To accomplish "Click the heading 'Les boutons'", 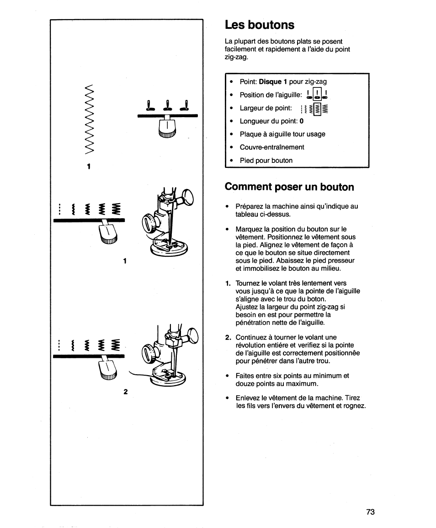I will pos(259,25).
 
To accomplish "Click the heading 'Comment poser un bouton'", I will pos(289,187).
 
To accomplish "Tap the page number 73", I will pos(370,512).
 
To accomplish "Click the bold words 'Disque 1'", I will pos(273,82).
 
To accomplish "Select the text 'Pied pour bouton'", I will pos(266,161).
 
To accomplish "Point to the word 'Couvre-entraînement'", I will pos(272,147).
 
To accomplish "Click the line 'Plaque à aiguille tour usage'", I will pos(282,134).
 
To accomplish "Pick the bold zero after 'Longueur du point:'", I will pos(302,121).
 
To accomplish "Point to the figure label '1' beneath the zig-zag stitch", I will pos(90,166).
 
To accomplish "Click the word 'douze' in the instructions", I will pos(245,383).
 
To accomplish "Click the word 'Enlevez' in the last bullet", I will pos(248,398).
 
